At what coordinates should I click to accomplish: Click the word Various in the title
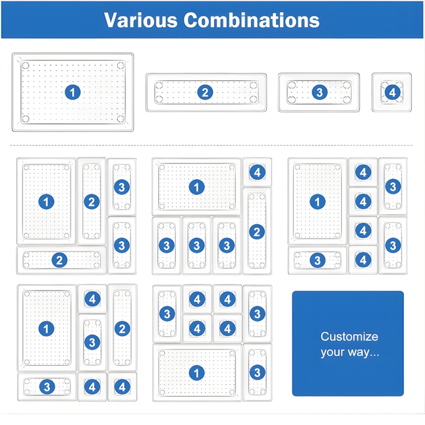(140, 20)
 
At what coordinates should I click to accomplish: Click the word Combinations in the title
(252, 20)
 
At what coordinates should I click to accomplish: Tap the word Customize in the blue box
(349, 337)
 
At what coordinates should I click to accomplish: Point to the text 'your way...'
(350, 353)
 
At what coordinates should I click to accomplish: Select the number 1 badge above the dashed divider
(72, 92)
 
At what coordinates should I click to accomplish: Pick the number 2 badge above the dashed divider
(205, 92)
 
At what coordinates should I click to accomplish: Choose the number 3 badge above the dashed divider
(320, 92)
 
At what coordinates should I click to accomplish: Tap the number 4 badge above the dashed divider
(392, 92)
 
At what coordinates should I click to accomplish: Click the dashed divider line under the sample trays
(212, 145)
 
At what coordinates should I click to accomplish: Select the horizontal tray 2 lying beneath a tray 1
(61, 260)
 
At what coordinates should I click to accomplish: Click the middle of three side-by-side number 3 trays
(197, 246)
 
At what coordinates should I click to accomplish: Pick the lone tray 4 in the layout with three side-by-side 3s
(257, 172)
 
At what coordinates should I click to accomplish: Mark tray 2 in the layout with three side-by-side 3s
(257, 231)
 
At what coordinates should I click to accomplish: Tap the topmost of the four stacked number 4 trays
(363, 173)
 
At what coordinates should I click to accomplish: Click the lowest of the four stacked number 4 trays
(363, 260)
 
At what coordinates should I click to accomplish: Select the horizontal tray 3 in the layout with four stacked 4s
(318, 260)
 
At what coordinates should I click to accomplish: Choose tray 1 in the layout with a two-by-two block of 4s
(197, 373)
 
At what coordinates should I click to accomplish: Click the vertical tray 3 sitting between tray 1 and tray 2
(92, 343)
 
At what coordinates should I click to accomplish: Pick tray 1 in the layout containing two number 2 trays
(46, 202)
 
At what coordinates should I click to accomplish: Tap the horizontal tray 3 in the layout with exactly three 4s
(47, 387)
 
